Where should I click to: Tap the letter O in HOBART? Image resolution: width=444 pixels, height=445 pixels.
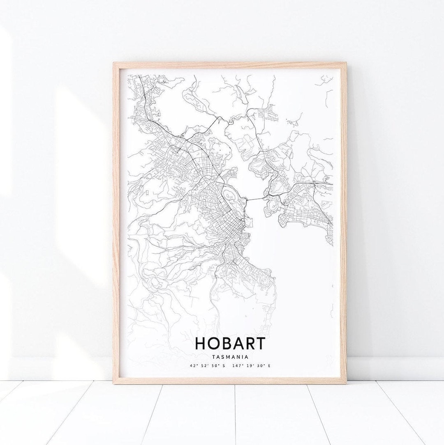(x=215, y=343)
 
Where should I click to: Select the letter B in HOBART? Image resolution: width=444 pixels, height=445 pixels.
(x=228, y=343)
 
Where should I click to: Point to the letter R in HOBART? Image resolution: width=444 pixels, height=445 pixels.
(x=252, y=343)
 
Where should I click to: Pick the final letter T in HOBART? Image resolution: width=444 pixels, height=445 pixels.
(x=262, y=343)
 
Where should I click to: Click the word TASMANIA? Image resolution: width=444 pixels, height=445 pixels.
(x=230, y=356)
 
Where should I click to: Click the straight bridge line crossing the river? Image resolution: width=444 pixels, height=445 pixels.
(x=256, y=199)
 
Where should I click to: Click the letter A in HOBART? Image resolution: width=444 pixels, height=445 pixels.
(x=240, y=343)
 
